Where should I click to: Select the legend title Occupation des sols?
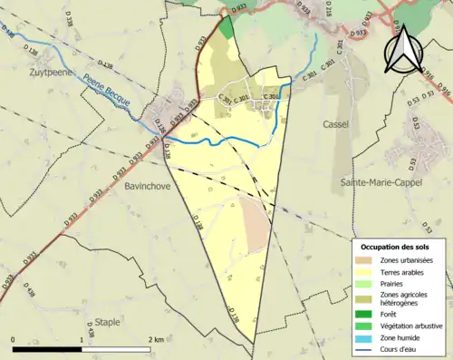point(397,246)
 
